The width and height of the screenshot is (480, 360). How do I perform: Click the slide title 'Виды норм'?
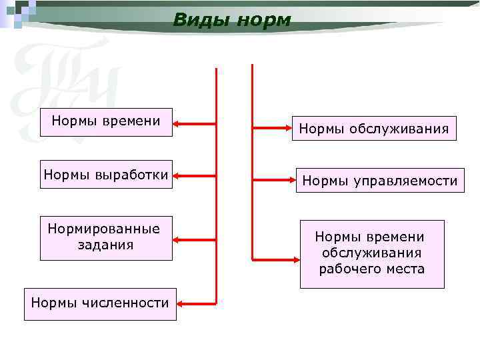(x=231, y=20)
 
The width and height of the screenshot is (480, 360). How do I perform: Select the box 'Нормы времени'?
(x=106, y=122)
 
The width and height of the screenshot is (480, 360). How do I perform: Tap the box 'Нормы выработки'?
(x=106, y=175)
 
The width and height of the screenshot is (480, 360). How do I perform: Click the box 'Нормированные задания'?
(x=106, y=237)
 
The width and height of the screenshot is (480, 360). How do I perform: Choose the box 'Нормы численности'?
(x=100, y=303)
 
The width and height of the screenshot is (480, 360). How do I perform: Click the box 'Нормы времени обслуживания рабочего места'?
(x=371, y=253)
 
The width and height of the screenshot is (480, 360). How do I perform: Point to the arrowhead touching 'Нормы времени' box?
(x=179, y=123)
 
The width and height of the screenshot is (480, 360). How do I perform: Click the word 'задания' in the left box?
(x=105, y=245)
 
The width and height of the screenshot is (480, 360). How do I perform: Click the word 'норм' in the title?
(x=265, y=20)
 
